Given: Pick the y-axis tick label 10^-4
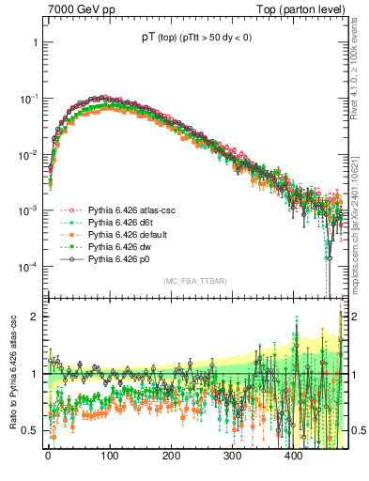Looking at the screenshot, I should pyautogui.click(x=28, y=266).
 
